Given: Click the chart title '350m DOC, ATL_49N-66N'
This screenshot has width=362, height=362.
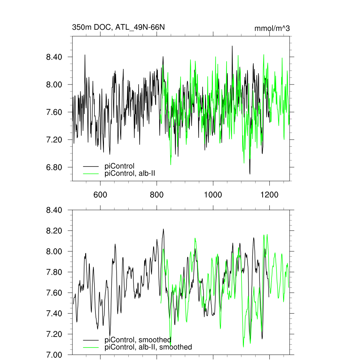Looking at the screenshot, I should [118, 27].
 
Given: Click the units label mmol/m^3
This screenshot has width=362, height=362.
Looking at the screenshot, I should [272, 28].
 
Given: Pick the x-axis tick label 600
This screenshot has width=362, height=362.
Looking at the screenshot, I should [100, 194].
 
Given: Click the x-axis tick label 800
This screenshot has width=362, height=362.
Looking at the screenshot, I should [157, 194].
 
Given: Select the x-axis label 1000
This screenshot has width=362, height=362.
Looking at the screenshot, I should [213, 194].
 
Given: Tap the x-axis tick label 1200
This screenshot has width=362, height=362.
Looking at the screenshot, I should [269, 194].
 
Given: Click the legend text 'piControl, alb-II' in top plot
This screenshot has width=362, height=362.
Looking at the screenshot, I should [130, 173].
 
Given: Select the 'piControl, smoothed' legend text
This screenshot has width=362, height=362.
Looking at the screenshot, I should [138, 340].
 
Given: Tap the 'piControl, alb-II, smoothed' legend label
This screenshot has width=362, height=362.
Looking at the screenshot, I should [148, 347].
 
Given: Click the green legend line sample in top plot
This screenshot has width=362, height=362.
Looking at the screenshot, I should [90, 174].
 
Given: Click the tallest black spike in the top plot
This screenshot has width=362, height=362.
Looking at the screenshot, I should [232, 46].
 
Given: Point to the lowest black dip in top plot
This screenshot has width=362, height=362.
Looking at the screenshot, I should [250, 174].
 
